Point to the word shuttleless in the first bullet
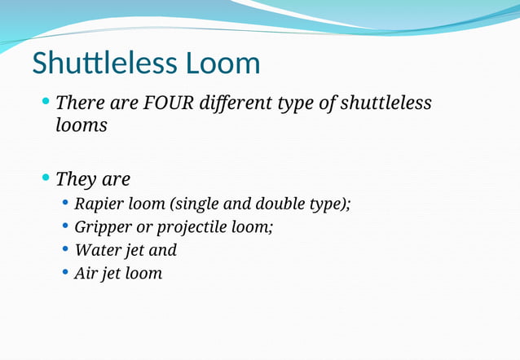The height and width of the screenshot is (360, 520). pos(386,103)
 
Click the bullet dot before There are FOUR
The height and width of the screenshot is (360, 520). pos(46,103)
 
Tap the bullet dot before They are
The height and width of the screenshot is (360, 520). pos(46,178)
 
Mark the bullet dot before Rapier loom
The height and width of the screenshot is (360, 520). pos(65,203)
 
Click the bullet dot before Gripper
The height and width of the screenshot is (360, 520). pos(65,226)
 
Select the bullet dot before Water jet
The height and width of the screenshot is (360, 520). pos(65,249)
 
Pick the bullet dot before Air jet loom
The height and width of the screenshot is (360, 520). pos(65,272)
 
